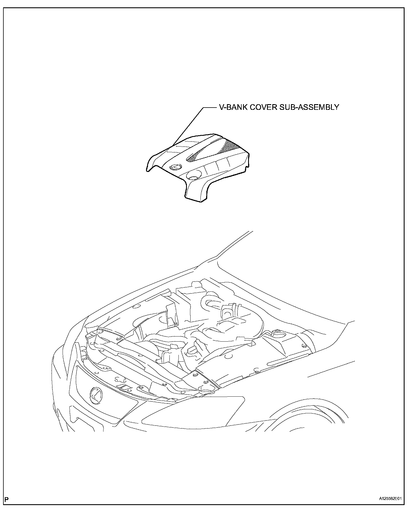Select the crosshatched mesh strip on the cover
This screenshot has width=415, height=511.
[x=214, y=151]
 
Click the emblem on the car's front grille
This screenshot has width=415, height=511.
[x=96, y=395]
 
